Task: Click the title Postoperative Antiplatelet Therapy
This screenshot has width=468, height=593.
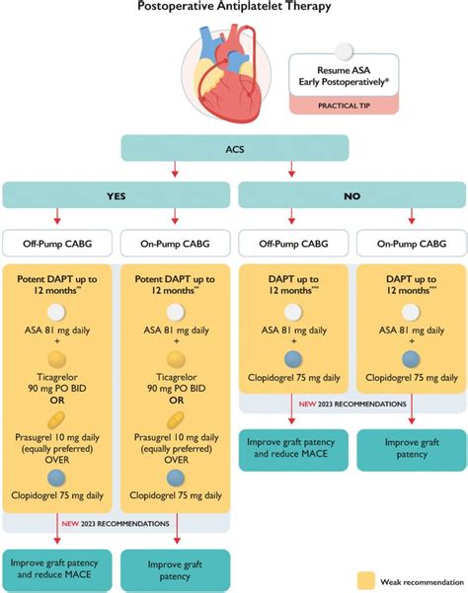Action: (234, 8)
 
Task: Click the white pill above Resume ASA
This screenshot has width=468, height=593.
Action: (344, 50)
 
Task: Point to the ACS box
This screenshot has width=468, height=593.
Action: (234, 148)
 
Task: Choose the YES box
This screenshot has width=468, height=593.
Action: (116, 195)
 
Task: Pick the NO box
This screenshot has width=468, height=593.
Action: (351, 195)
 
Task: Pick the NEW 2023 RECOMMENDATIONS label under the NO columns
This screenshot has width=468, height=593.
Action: (351, 404)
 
